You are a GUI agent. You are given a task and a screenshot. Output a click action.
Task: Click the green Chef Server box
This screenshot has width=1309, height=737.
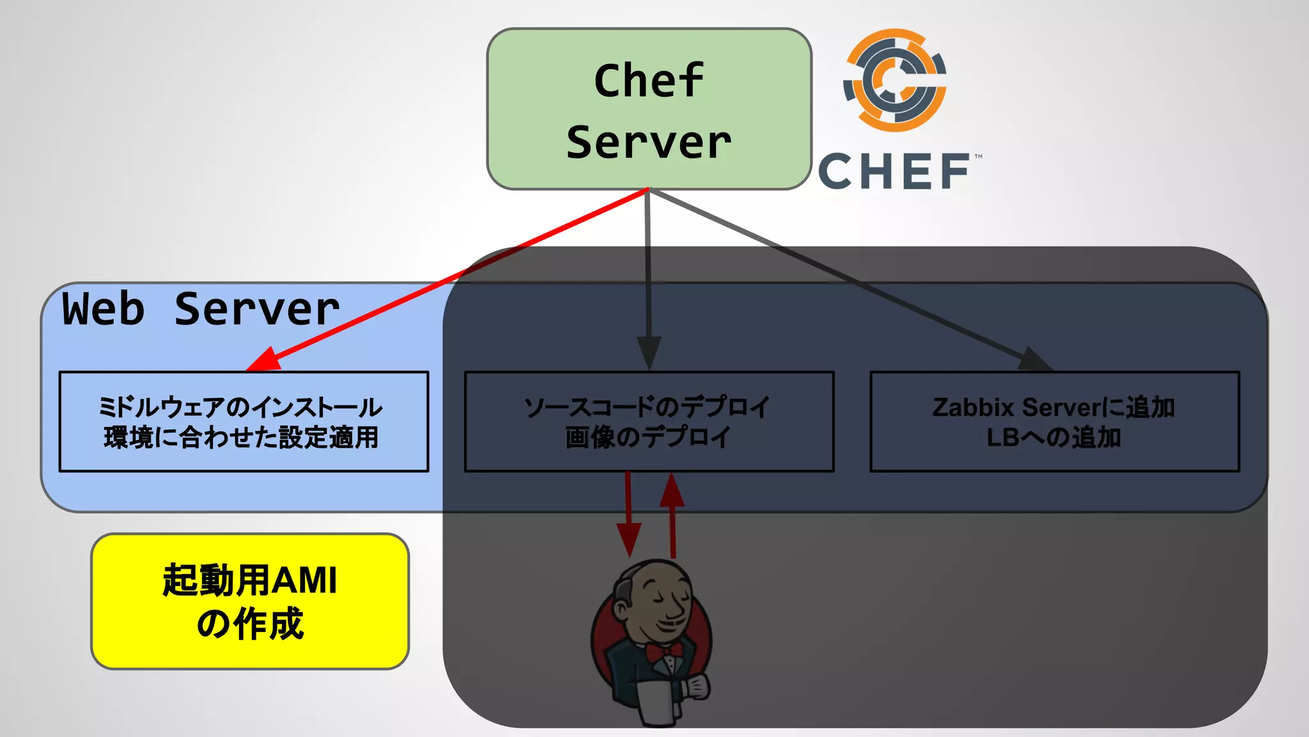649,109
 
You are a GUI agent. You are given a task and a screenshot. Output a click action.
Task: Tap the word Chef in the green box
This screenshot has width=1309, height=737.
648,81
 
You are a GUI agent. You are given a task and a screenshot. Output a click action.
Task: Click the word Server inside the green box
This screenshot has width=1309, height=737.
648,142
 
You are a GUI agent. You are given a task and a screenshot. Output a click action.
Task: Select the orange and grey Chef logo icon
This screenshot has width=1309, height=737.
895,80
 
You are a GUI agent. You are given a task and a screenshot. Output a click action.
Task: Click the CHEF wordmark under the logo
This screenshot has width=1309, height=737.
895,171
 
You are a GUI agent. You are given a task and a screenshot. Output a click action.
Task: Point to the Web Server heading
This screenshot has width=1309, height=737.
201,309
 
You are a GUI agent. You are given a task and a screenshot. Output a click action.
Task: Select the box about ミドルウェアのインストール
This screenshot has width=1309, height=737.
244,422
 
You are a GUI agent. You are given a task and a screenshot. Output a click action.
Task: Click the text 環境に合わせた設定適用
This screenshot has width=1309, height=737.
241,438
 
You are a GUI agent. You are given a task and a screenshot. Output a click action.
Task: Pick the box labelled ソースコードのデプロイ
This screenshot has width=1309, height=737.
649,422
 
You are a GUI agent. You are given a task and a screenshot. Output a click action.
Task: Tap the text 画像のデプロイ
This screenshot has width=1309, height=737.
648,438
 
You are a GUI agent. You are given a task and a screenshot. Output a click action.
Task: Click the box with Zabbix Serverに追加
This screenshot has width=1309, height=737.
1055,422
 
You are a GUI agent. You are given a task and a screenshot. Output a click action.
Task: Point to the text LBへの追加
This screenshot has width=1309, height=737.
1053,438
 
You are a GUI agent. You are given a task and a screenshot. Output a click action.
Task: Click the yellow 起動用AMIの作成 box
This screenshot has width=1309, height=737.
250,601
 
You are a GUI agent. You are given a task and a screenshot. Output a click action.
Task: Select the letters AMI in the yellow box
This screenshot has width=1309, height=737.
304,581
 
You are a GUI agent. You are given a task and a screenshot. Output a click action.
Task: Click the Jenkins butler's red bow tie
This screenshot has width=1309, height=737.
663,652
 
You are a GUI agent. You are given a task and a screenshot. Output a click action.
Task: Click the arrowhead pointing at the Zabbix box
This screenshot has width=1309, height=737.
1033,360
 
